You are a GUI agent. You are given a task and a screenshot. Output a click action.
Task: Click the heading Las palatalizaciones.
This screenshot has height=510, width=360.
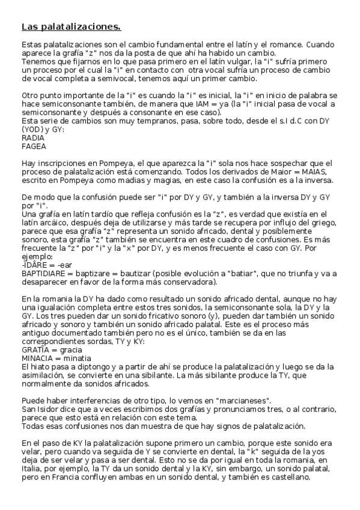[71, 26]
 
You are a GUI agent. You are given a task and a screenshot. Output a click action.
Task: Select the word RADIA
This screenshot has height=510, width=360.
[32, 137]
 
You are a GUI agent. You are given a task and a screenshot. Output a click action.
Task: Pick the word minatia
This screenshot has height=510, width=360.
[78, 357]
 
